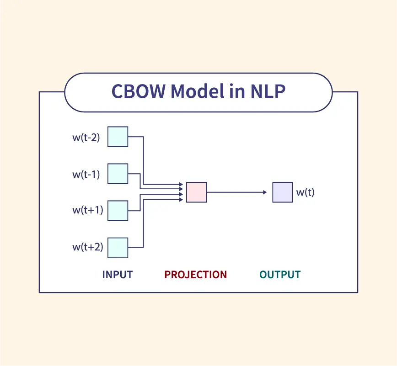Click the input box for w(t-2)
coord(118,137)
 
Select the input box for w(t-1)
coord(118,174)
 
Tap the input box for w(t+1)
coord(118,211)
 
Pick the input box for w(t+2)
coord(118,248)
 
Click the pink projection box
coord(196,192)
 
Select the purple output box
coord(282,192)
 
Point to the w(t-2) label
coord(86,137)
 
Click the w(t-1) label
coord(86,174)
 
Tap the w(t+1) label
coord(87,211)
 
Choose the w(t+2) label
coord(87,248)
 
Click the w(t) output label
coord(305,192)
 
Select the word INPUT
coord(118,275)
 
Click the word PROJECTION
coord(196,275)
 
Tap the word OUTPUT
coord(280,275)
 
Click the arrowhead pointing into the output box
coord(264,192)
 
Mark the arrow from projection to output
coord(236,192)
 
